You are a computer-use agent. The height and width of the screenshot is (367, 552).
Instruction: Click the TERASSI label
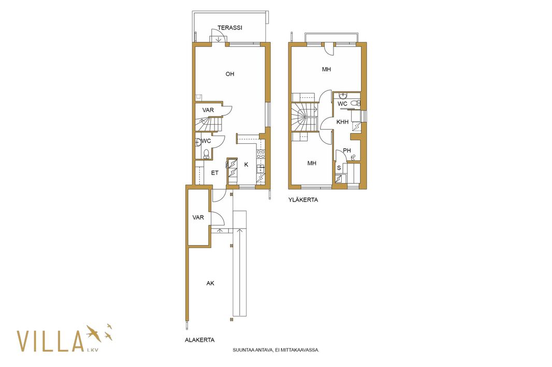229,28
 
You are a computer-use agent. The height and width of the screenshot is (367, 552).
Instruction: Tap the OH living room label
230,74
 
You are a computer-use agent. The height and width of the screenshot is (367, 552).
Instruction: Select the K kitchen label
246,164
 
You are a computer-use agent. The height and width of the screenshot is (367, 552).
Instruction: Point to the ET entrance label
215,173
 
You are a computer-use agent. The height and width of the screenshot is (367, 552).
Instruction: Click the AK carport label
210,283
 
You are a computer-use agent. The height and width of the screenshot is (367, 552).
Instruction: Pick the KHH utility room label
342,122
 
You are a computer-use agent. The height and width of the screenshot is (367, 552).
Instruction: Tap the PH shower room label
347,150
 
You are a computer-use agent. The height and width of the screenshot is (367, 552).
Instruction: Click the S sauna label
339,168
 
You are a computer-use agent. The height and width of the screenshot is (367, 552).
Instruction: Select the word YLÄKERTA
303,200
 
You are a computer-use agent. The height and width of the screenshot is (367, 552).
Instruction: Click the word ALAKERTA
199,340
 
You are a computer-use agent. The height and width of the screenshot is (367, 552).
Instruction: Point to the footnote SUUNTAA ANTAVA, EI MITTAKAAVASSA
275,350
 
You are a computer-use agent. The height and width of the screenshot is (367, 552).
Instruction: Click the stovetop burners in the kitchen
261,154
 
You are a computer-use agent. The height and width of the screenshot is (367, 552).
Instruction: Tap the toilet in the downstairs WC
206,154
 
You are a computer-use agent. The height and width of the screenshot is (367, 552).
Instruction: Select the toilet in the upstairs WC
357,103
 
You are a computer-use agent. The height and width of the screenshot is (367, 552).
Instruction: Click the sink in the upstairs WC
343,95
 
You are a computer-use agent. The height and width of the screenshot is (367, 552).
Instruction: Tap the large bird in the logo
93,333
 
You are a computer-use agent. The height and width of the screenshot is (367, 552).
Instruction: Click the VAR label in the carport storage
198,218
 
